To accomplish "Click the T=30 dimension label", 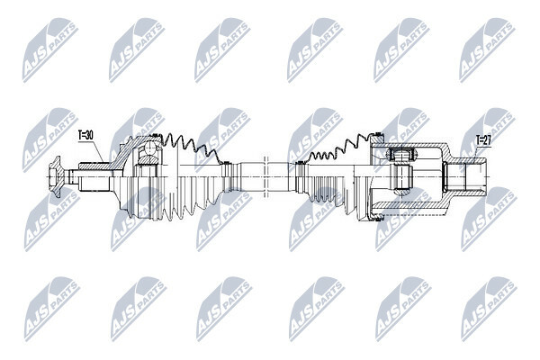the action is [x=85, y=136].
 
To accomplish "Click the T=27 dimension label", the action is [x=483, y=140].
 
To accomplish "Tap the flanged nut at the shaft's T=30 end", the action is [x=55, y=176].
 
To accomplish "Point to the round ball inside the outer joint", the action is [x=150, y=148].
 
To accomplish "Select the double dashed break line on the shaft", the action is [x=265, y=176].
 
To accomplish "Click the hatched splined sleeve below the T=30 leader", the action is [x=94, y=166].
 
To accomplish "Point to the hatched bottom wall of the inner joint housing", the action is [x=409, y=205].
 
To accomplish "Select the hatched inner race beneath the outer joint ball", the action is [x=149, y=160].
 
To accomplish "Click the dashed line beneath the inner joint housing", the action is [x=409, y=214].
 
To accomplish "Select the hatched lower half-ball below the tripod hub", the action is [x=402, y=192].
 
